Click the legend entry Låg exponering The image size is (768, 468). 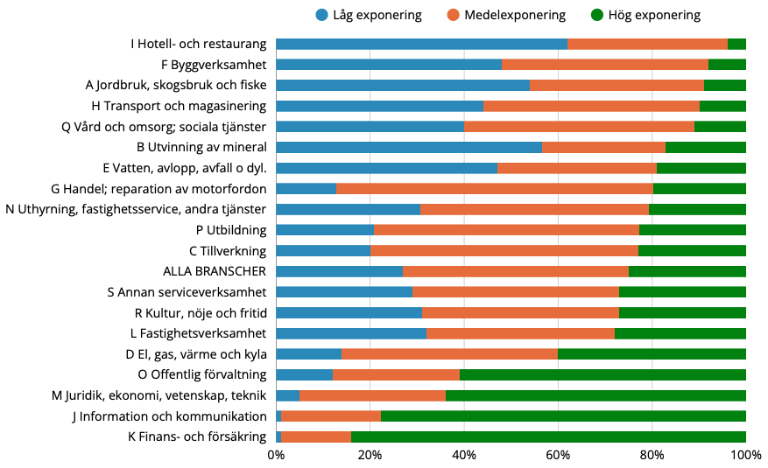click(368, 15)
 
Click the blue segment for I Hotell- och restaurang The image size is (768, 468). click(421, 44)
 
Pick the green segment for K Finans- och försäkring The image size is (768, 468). click(548, 437)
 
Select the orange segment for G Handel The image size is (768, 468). click(495, 188)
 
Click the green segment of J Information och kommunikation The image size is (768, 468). click(563, 416)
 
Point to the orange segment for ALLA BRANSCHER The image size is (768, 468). click(516, 271)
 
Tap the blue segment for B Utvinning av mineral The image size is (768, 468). click(409, 147)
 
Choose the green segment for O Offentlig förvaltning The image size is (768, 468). click(602, 374)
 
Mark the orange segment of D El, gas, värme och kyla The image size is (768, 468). click(449, 354)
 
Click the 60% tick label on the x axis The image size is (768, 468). click(558, 455)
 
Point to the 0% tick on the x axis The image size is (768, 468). click(276, 455)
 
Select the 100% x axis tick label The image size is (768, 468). click(745, 455)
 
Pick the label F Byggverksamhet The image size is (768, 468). click(214, 64)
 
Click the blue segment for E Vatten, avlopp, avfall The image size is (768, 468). click(386, 168)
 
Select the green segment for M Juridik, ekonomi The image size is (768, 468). click(595, 395)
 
